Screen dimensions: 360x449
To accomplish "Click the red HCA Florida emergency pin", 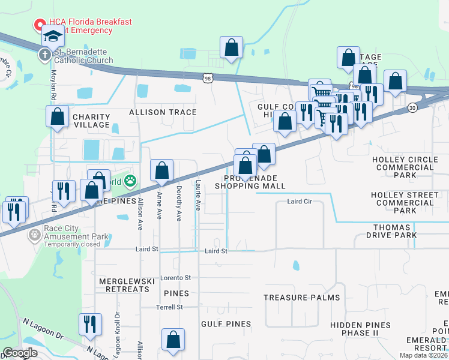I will tap(40, 26).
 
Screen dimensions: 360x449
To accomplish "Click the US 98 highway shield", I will tap(207, 78).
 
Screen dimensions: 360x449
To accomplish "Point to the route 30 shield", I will tap(412, 107).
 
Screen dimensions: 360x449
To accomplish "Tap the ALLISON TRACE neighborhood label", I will tap(162, 112).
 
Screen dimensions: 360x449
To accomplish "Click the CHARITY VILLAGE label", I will tap(91, 121).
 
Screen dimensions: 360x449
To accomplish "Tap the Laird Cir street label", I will tap(300, 202).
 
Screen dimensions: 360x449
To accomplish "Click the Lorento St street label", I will tap(175, 278).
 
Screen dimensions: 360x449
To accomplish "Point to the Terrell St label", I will tap(170, 307).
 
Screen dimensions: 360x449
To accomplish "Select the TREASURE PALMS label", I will tap(301, 298).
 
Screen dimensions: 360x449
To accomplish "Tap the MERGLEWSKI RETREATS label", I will tap(124, 285).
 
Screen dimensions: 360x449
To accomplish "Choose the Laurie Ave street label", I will tap(198, 197).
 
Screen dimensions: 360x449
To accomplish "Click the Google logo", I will tap(20, 353).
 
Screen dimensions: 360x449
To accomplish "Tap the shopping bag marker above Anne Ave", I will tap(161, 171).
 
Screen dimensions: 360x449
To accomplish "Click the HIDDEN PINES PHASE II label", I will tap(360, 329).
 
